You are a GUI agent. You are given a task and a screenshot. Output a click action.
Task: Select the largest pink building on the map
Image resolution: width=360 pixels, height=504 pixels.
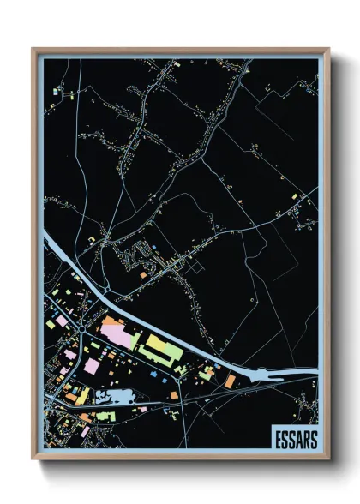[x=119, y=333]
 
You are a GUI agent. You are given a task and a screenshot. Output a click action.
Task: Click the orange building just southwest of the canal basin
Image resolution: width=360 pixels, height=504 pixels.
[x=230, y=380]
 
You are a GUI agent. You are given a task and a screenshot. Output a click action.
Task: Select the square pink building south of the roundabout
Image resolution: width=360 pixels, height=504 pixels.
[x=91, y=366]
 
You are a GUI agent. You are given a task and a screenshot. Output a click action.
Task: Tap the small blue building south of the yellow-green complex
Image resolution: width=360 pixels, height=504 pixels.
[x=153, y=375]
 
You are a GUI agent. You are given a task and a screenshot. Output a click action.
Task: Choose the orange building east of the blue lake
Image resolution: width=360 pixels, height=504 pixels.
[x=171, y=394]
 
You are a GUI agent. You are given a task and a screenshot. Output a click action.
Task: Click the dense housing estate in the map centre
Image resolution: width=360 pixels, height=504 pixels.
[x=140, y=254]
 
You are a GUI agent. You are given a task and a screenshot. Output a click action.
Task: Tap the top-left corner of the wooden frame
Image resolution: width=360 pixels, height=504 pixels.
[x=33, y=50]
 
